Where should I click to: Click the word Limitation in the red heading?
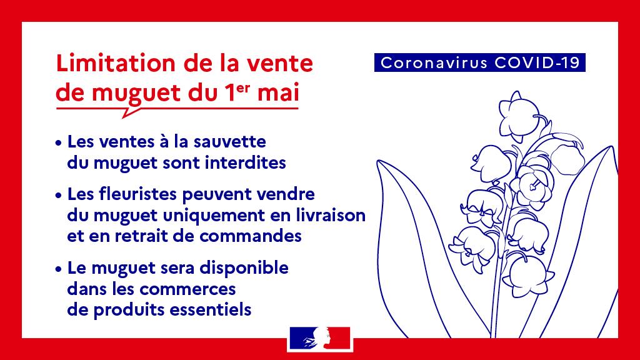pyautogui.click(x=116, y=63)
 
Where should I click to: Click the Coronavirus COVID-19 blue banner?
pyautogui.click(x=479, y=62)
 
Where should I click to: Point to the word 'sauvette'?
pyautogui.click(x=229, y=142)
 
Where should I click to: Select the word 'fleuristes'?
pyautogui.click(x=138, y=194)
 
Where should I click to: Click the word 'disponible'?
pyautogui.click(x=244, y=268)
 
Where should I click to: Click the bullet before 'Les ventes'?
pyautogui.click(x=59, y=143)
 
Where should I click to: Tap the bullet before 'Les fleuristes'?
pyautogui.click(x=59, y=195)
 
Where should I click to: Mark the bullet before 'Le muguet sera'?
pyautogui.click(x=59, y=269)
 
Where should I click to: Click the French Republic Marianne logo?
pyautogui.click(x=320, y=338)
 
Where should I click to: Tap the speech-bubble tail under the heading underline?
pyautogui.click(x=130, y=112)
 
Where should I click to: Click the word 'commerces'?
pyautogui.click(x=187, y=289)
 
